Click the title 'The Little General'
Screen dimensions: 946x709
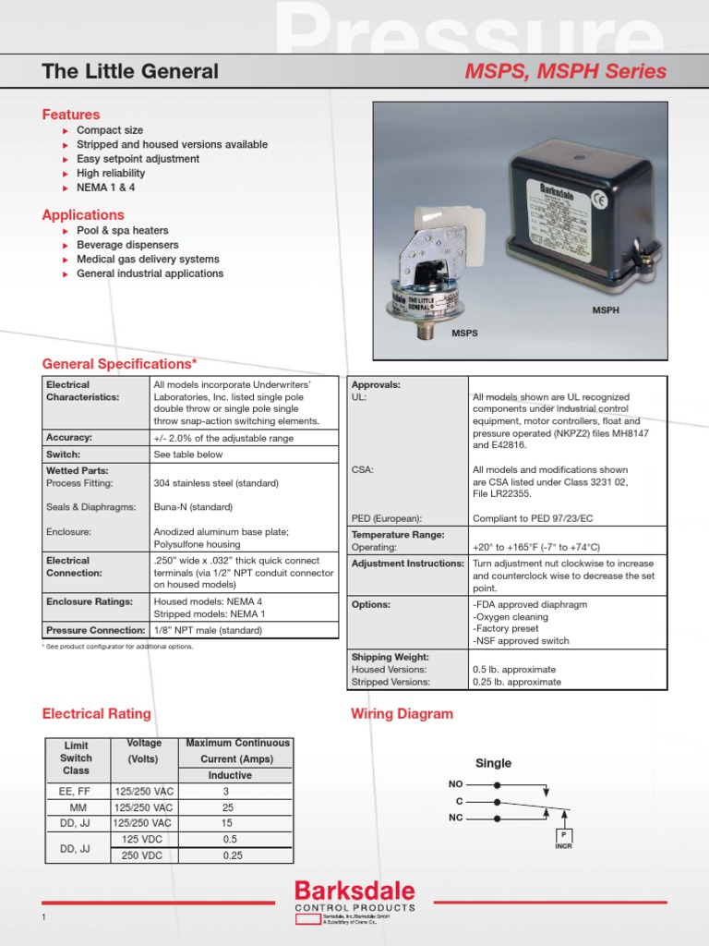coord(130,71)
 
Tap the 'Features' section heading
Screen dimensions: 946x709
coord(71,115)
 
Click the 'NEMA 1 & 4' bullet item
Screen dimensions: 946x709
coord(105,188)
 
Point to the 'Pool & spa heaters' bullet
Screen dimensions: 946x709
coord(122,230)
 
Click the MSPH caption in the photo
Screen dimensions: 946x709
coord(606,310)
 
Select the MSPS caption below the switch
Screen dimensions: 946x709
coord(465,332)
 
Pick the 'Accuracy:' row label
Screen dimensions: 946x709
coord(69,437)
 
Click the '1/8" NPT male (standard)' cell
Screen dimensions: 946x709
coord(208,630)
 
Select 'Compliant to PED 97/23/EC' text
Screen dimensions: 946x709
coord(534,519)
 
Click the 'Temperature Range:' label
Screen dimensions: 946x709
coord(398,534)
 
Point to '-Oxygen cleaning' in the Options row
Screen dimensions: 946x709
coord(511,616)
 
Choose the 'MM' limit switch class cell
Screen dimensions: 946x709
coord(77,807)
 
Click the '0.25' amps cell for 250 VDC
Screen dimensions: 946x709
coord(232,855)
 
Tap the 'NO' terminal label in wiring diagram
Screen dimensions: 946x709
coord(455,783)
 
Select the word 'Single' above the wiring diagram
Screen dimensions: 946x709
coord(493,763)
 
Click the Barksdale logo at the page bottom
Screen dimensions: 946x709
coord(354,891)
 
